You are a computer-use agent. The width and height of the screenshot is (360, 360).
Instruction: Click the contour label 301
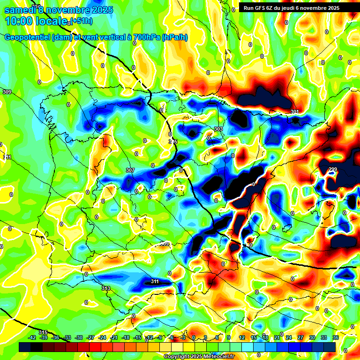pos(294,112)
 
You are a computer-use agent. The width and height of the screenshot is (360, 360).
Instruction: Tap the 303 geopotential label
pos(218,129)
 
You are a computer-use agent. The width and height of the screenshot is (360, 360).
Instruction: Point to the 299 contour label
pos(332,170)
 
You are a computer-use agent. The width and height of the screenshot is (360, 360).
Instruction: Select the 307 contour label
pos(130,170)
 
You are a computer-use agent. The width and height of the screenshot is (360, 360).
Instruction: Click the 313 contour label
pos(105,288)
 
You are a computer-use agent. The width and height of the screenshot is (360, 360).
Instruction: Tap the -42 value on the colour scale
pos(32,337)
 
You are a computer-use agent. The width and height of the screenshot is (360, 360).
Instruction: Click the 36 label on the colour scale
pos(336,337)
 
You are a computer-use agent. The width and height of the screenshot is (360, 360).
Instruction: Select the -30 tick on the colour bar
pos(79,337)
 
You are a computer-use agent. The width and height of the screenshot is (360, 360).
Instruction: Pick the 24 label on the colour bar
pos(289,337)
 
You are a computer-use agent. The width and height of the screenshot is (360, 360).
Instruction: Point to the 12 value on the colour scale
pos(242,337)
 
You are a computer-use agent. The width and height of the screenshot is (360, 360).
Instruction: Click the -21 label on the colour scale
pos(114,337)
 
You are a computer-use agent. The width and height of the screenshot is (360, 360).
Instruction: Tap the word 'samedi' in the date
pos(22,10)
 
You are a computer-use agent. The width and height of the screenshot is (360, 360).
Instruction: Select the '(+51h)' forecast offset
pos(81,21)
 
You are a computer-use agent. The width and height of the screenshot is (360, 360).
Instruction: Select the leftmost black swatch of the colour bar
pos(25,347)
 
